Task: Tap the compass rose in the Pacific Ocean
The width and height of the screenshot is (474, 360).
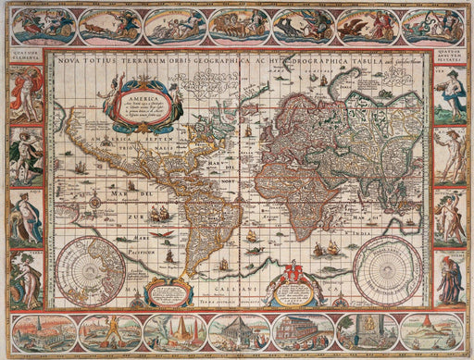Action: pos(94,201)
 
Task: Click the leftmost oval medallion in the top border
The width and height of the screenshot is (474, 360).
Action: pos(44,25)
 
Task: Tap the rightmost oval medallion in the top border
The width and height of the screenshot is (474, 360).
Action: pos(431,25)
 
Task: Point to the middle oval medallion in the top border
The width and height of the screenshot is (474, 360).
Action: pos(238,25)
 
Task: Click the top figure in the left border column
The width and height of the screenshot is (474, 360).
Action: pos(24,97)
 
